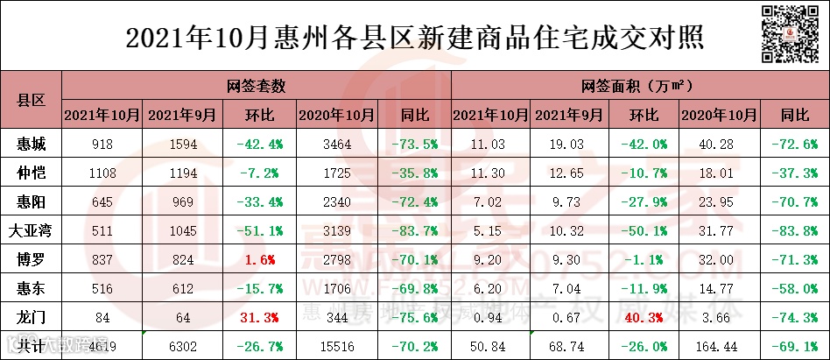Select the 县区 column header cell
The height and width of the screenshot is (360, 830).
pos(31,100)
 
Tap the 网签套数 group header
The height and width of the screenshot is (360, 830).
pos(256,87)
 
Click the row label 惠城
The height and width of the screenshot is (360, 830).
pos(31,144)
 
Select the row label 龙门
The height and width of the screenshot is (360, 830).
pos(31,316)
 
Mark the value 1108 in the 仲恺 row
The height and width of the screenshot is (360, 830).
pos(102,173)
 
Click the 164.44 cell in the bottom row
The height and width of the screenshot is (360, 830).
pos(718,346)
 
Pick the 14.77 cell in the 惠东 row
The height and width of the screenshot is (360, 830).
pos(718,288)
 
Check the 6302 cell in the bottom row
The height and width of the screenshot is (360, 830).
pos(179,346)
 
